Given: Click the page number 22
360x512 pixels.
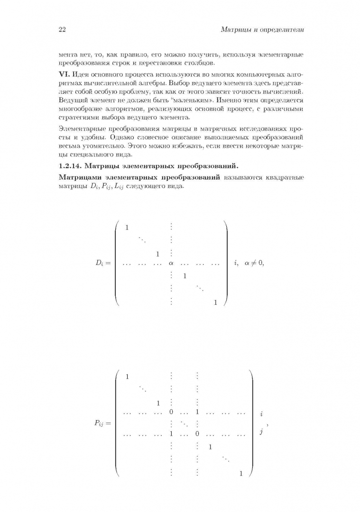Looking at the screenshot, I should pos(62,30).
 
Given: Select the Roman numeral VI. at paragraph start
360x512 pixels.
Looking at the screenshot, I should pos(64,75).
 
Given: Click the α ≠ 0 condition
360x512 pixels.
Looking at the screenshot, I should pos(253,263).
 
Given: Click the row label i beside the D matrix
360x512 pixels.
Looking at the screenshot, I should pos(236,263).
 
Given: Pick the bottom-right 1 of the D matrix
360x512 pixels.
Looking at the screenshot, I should pos(215,302).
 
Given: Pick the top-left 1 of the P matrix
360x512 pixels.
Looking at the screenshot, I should pos(127,377).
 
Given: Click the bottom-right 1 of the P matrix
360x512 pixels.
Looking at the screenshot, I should pos(241,473).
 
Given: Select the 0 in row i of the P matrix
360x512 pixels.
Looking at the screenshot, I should pos(171,413).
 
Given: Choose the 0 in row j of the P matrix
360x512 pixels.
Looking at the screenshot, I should pos(196,433).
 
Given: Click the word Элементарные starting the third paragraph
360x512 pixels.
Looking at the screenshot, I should pos(81,129).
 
